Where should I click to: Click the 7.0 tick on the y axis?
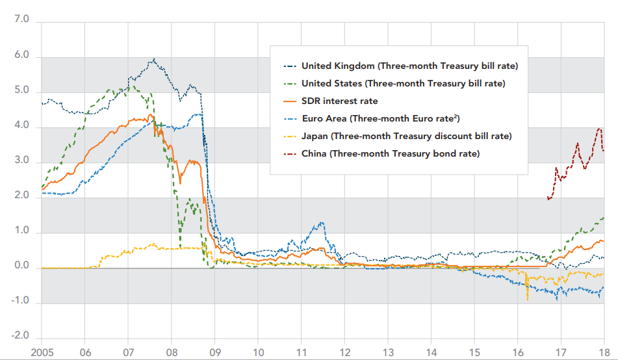click(x=22, y=21)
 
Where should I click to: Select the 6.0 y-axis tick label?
click(x=22, y=56)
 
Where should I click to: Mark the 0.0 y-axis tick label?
click(x=22, y=266)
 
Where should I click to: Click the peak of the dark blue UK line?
click(x=153, y=59)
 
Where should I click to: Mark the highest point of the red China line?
click(x=599, y=129)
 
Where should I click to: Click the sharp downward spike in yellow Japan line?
click(x=527, y=300)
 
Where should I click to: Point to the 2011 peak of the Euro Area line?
click(x=322, y=222)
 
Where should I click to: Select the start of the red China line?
click(x=548, y=199)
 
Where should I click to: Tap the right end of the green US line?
click(x=604, y=218)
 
